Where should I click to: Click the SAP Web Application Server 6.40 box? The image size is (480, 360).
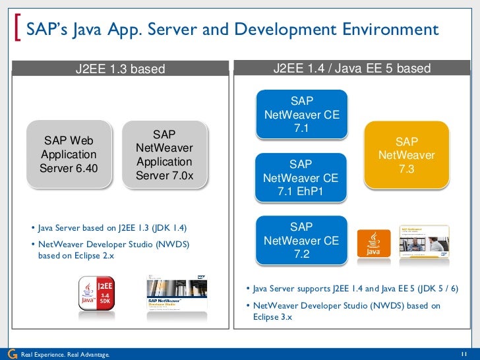click(x=69, y=154)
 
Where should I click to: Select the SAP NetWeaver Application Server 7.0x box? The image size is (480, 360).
click(x=164, y=154)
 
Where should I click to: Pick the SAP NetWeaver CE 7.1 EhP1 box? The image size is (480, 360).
click(x=301, y=178)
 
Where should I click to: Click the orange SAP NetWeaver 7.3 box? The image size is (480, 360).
click(x=407, y=156)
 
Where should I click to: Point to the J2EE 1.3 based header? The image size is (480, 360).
click(x=119, y=69)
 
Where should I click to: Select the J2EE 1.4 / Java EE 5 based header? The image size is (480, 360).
click(x=353, y=69)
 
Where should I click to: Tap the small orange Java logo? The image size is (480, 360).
click(x=373, y=243)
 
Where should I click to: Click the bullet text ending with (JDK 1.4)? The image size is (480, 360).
click(x=112, y=228)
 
